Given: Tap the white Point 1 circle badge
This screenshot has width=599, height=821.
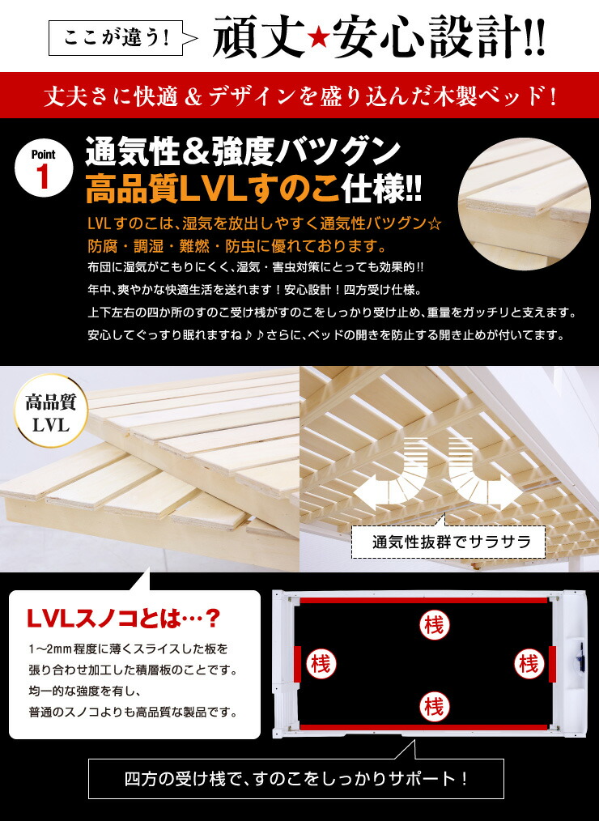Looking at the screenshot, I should (44, 169).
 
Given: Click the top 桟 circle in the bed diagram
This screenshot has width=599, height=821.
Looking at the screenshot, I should (433, 625).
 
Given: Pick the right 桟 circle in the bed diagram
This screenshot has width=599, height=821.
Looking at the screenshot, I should (529, 664).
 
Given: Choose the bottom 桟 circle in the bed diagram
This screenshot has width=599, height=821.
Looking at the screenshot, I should (434, 706).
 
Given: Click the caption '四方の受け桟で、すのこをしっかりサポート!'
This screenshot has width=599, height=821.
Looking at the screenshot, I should (296, 780).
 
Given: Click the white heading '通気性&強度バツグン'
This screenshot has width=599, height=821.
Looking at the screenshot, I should (244, 151).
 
